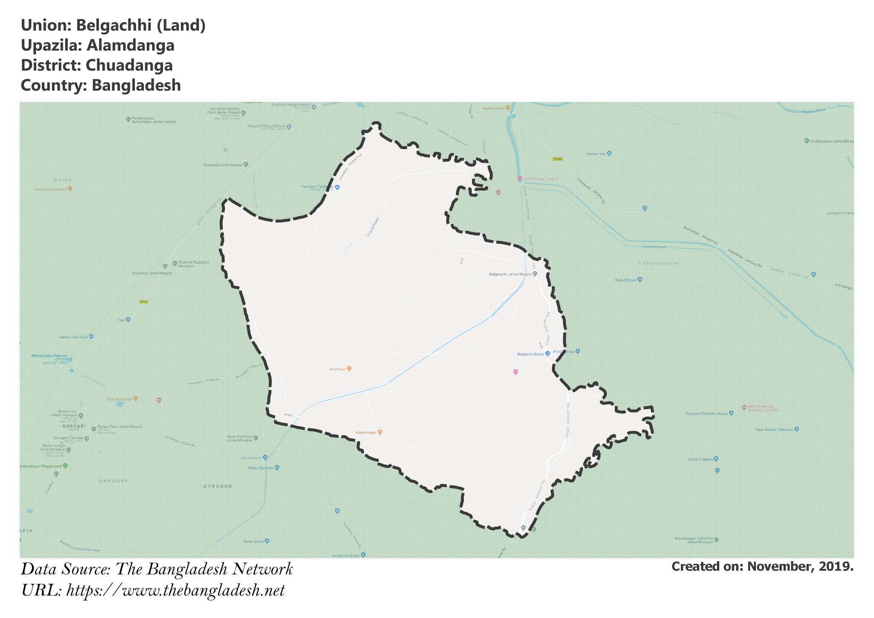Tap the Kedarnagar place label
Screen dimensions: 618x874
(x=366, y=432)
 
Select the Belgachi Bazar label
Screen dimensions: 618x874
(x=530, y=354)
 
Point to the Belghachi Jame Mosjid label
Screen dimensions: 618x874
(x=510, y=274)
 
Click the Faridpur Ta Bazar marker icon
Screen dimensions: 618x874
(x=337, y=187)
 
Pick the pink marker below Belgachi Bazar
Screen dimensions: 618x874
(x=516, y=372)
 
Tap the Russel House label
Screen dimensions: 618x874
(x=119, y=399)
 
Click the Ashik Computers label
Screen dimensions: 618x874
(x=51, y=189)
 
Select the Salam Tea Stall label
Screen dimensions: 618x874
(x=73, y=337)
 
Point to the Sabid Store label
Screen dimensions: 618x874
(x=626, y=280)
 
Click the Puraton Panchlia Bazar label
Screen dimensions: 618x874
(x=706, y=413)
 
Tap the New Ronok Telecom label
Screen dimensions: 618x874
(x=774, y=429)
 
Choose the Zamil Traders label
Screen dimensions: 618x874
(x=700, y=459)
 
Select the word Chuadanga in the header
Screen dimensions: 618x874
(x=129, y=65)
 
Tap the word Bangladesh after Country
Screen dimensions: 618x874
(x=136, y=85)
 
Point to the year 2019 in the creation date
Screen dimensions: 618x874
(x=837, y=566)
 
